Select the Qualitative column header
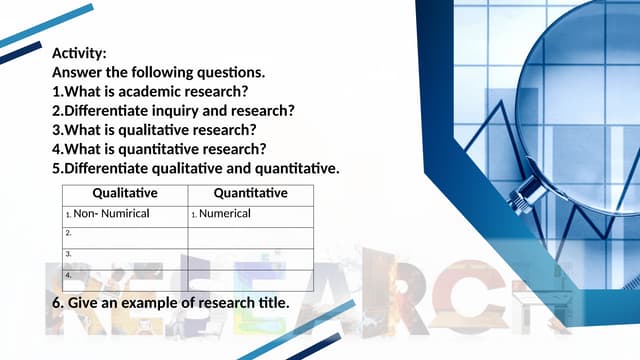tap(125, 193)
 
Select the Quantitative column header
tap(250, 193)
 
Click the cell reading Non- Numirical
tap(110, 214)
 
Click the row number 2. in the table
tap(68, 233)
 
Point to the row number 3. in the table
tap(68, 254)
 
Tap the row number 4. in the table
tap(68, 274)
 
